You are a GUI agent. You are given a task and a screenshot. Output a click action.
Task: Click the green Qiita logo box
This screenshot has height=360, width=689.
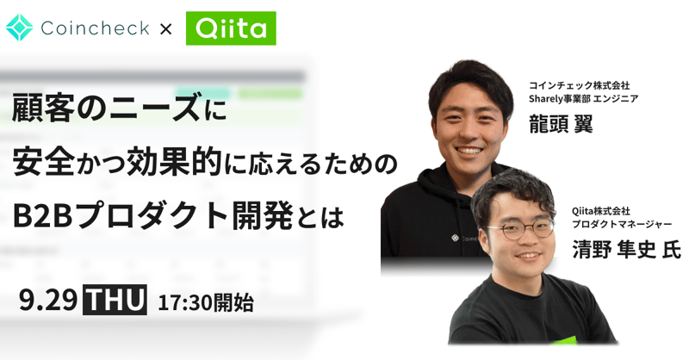point(231,28)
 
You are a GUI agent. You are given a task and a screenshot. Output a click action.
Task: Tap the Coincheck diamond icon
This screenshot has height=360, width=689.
point(19,28)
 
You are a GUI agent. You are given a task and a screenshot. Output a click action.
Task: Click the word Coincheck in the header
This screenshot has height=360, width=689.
point(95,28)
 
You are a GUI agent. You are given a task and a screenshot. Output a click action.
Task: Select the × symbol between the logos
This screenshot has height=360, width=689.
point(165,29)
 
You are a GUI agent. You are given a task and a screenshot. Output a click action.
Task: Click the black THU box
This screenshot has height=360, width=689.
point(115,300)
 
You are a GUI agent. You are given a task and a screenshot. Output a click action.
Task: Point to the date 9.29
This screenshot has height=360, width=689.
point(48,301)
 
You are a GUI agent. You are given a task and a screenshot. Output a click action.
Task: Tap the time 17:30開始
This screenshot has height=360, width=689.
point(206,302)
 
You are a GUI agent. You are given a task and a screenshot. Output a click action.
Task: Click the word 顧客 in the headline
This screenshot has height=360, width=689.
point(43,109)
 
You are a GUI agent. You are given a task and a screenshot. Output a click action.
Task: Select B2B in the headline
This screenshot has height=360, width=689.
point(42,217)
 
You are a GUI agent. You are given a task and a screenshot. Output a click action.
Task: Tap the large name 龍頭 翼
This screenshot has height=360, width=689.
point(561,123)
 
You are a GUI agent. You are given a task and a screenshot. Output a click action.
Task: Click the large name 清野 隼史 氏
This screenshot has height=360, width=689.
point(626,250)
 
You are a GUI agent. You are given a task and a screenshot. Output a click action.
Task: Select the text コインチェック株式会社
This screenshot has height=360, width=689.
point(579,85)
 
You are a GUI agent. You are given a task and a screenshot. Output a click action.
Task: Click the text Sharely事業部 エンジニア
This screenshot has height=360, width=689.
point(584,98)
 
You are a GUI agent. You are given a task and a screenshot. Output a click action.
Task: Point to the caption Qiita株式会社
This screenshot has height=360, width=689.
point(600,211)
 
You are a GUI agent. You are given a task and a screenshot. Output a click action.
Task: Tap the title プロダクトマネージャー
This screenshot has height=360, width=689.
point(622,224)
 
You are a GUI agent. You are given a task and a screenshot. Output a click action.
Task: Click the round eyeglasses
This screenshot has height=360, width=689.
point(520,229)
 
